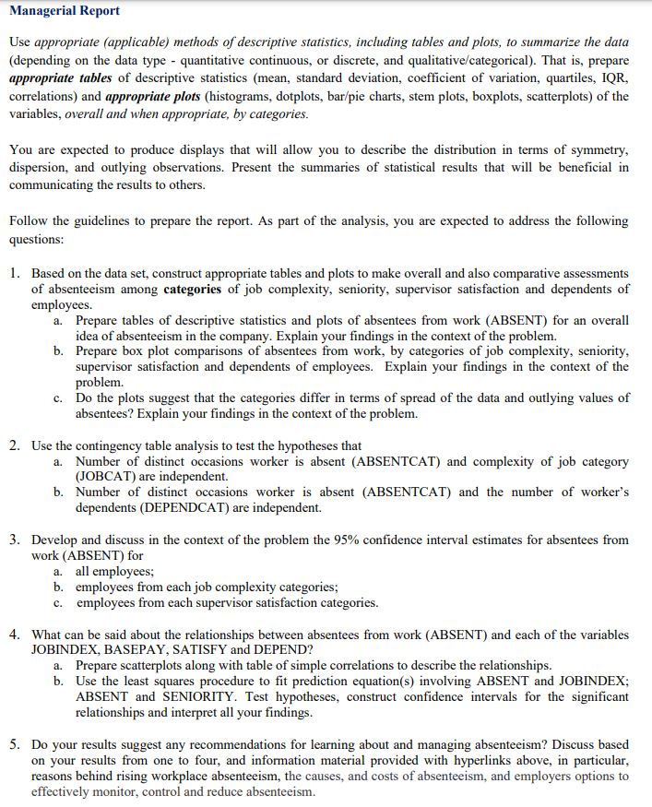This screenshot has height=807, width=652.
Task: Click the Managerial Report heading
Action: pos(64,11)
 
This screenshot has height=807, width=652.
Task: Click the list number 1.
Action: pos(16,274)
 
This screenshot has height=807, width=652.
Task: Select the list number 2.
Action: pos(16,445)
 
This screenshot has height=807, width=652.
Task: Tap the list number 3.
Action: pos(16,540)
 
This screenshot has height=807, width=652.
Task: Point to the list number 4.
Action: pos(16,635)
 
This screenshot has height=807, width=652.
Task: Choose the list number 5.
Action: pos(16,744)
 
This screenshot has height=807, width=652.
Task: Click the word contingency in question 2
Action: pos(114,445)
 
